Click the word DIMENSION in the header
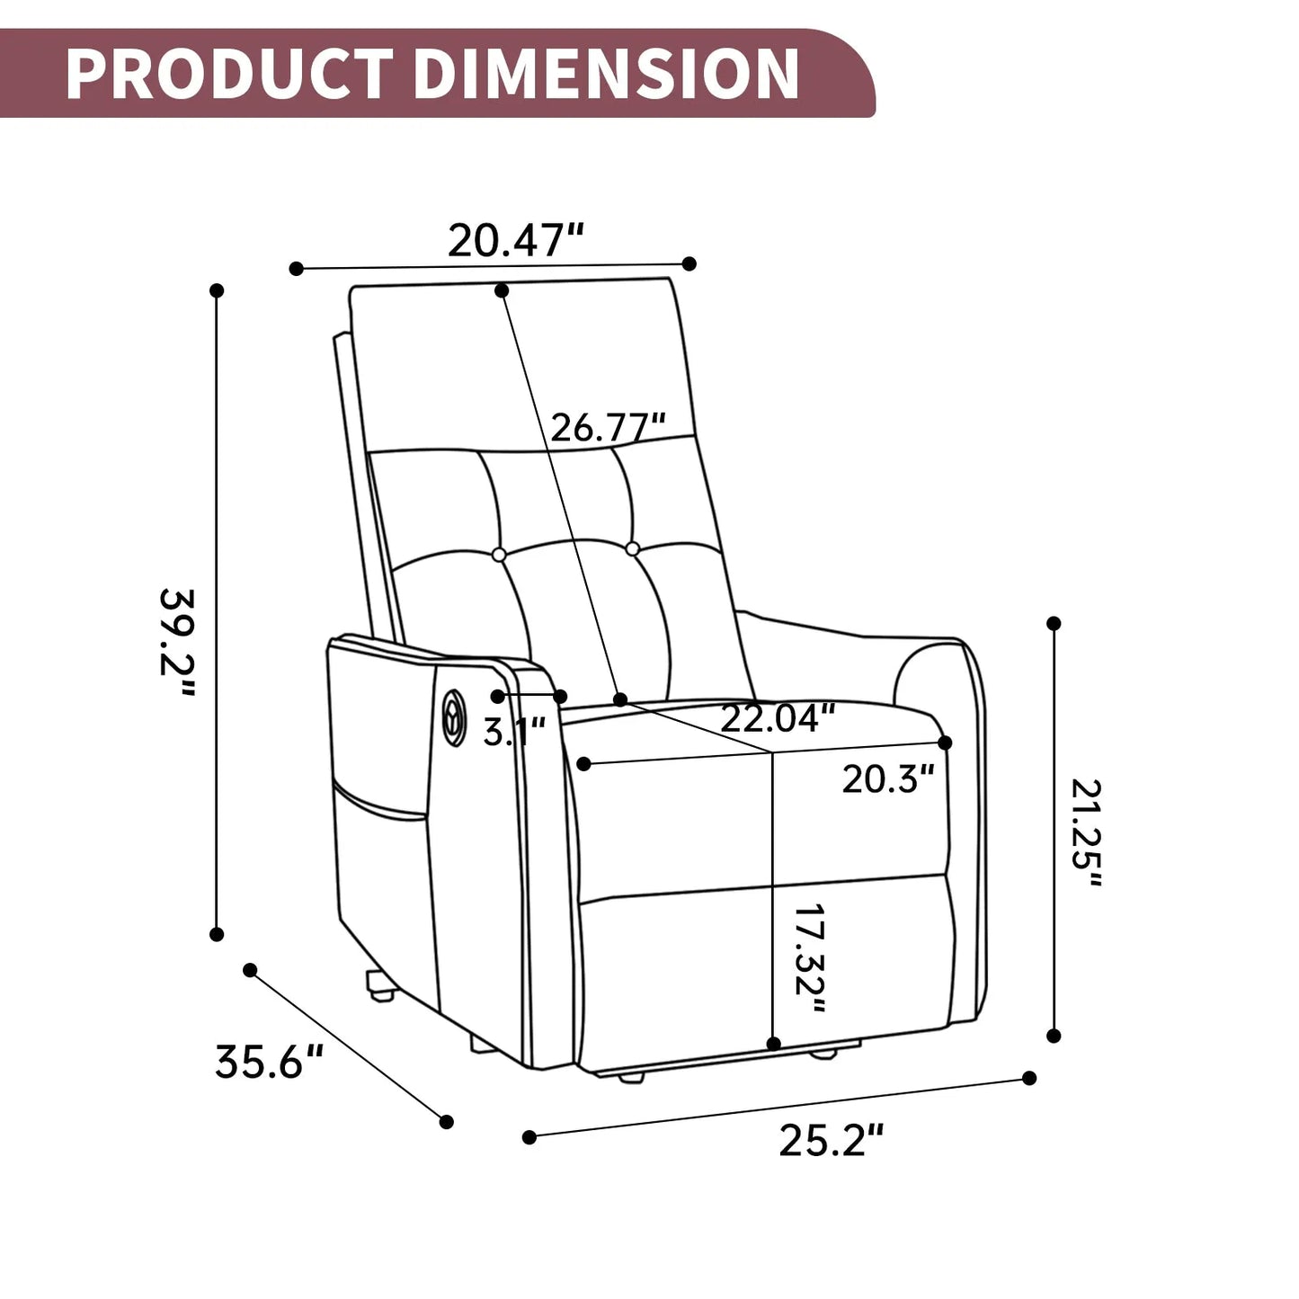(606, 74)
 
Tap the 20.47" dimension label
(516, 240)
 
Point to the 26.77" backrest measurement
(608, 427)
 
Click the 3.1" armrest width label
(514, 732)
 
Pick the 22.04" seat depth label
(778, 718)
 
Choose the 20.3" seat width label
(887, 779)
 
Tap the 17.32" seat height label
(809, 958)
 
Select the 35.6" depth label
(269, 1062)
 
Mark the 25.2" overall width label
(832, 1141)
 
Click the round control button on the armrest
(453, 717)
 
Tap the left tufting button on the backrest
(499, 556)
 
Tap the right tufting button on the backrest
(632, 548)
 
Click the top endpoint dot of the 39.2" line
(217, 290)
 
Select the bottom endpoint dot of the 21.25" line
(1054, 1036)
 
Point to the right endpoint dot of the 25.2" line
(1029, 1078)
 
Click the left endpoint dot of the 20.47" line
(297, 268)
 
